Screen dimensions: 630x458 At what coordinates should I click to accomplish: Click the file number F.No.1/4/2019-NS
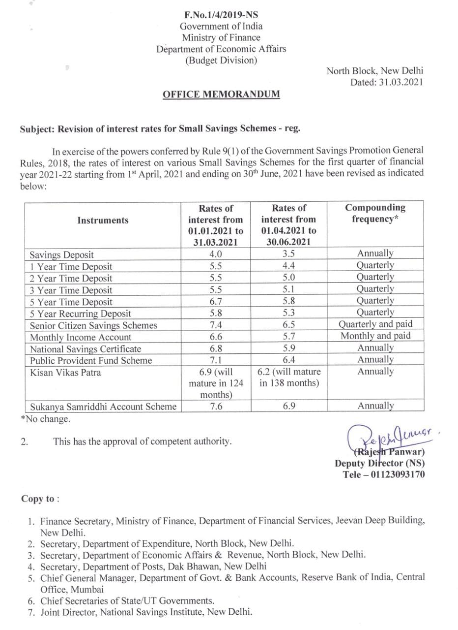pos(221,15)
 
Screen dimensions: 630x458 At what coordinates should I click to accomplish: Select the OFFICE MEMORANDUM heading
pos(221,94)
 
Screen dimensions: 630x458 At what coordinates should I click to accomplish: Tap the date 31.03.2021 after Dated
pos(401,83)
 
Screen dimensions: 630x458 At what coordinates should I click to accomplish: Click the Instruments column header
pos(103,220)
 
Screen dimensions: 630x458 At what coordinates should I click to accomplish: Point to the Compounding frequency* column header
pos(375,214)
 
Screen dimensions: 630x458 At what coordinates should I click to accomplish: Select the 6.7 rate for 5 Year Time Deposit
pos(216,302)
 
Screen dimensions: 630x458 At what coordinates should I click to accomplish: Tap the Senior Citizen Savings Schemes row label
pos(93,325)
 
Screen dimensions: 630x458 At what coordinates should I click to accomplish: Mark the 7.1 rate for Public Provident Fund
pos(216,360)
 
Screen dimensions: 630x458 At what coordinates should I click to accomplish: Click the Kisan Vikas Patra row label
pos(65,373)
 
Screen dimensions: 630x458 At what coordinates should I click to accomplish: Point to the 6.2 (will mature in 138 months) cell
pos(289,378)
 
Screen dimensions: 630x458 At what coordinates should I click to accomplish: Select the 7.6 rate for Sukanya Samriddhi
pos(216,407)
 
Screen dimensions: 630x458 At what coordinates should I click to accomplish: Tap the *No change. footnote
pos(45,419)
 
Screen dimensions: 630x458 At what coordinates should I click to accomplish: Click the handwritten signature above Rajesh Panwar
pos(388,436)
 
